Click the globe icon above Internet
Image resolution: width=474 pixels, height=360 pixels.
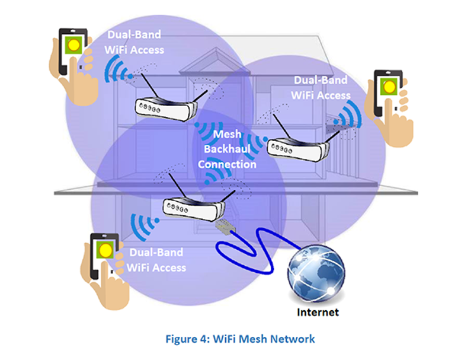click(x=316, y=274)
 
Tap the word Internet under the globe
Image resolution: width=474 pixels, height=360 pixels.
click(x=318, y=311)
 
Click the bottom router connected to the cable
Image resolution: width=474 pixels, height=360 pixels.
click(x=193, y=208)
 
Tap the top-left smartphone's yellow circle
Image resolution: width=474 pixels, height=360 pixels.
click(x=74, y=44)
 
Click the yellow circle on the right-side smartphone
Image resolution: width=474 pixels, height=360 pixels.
click(x=389, y=87)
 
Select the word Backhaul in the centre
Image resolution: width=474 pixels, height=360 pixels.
click(x=228, y=149)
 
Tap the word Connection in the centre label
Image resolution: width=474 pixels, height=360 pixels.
click(x=227, y=164)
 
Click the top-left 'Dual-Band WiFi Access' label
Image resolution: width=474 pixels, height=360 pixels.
click(x=133, y=42)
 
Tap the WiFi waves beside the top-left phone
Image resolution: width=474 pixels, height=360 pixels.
click(x=115, y=69)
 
